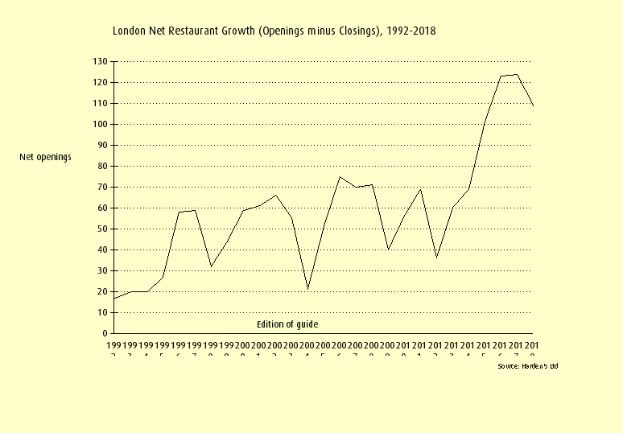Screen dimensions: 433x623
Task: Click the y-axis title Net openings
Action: click(x=45, y=157)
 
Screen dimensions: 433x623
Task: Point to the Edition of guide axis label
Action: click(x=287, y=324)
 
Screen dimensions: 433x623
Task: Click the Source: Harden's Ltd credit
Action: click(x=527, y=366)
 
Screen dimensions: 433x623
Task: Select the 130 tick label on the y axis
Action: click(x=100, y=62)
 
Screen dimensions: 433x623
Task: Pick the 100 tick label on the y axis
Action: click(x=100, y=125)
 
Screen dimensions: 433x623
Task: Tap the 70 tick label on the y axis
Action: click(x=102, y=188)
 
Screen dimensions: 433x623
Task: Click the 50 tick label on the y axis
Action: click(x=102, y=229)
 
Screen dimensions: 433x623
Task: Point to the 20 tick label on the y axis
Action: click(x=102, y=292)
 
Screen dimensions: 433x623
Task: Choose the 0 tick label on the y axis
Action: click(x=105, y=333)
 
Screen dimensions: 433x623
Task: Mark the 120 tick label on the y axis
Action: click(x=100, y=83)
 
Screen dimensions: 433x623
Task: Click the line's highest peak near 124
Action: click(x=517, y=74)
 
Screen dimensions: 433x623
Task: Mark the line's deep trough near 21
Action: click(x=307, y=289)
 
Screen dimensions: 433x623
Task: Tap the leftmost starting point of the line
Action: click(x=114, y=299)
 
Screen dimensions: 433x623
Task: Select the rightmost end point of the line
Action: click(x=533, y=105)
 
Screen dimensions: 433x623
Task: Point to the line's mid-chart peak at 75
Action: click(x=340, y=176)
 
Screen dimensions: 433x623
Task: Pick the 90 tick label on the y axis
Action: click(x=102, y=146)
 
